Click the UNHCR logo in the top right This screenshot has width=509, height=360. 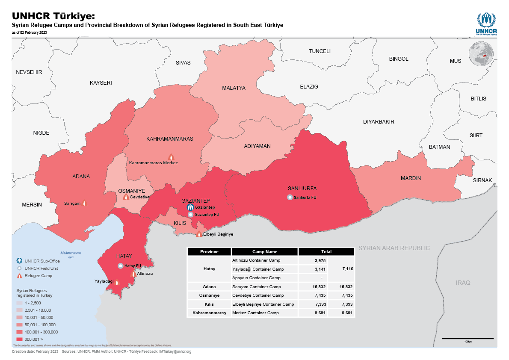tap(485, 24)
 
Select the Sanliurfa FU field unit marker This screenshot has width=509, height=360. tap(290, 197)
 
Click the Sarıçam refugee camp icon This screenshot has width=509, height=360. tap(84, 204)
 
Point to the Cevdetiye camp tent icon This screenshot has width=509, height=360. tap(126, 197)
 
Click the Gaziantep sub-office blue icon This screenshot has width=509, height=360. tap(190, 207)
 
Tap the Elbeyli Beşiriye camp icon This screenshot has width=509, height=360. tap(199, 234)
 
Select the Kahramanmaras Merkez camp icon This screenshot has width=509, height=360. tap(171, 157)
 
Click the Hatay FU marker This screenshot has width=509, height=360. tap(121, 266)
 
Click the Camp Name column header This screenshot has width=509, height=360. tap(265, 252)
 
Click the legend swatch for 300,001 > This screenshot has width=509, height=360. tap(19, 339)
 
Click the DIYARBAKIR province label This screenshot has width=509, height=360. tap(379, 122)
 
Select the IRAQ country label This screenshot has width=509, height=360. tap(462, 283)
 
